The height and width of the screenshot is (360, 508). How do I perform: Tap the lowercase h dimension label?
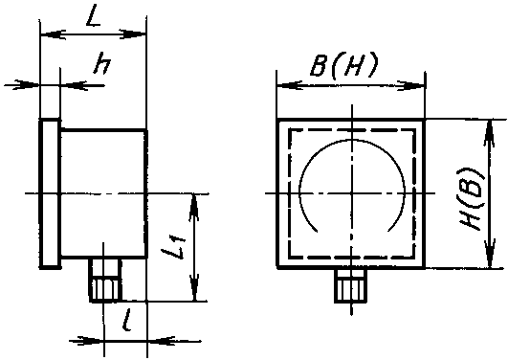(x=101, y=66)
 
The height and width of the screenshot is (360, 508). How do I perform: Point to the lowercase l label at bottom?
(x=127, y=320)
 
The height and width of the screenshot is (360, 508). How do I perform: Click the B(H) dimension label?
(x=343, y=64)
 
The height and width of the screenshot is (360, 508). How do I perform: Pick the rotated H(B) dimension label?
(x=472, y=199)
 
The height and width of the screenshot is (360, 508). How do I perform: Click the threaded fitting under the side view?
(x=105, y=280)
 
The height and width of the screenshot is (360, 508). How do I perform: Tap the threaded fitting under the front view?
(x=351, y=285)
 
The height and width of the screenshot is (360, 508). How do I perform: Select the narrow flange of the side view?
(x=50, y=194)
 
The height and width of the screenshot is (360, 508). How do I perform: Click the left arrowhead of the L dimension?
(x=53, y=34)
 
